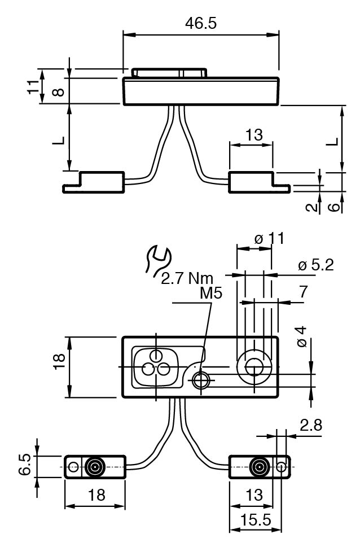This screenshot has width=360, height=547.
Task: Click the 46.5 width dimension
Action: point(201,23)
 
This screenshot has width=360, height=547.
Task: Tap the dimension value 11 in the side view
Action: point(35,86)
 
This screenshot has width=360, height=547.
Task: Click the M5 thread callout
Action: point(211,294)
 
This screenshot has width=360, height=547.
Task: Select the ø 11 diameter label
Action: point(269,239)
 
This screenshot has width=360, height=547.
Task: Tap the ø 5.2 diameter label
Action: point(315,265)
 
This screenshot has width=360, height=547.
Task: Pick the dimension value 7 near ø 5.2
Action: point(303,292)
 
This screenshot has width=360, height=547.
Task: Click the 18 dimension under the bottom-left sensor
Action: point(96,495)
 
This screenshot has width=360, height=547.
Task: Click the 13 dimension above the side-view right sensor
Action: point(254,135)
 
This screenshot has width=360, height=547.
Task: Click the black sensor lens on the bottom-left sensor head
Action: point(94,467)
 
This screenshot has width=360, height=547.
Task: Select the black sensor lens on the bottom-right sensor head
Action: point(259,467)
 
